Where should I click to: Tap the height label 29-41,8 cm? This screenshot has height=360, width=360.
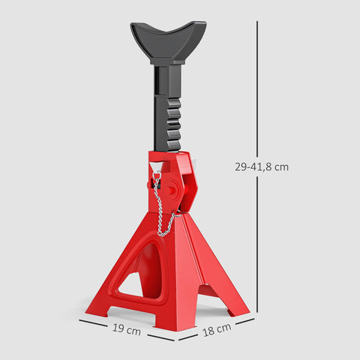pyautogui.click(x=261, y=167)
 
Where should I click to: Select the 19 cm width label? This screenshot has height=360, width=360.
pyautogui.click(x=127, y=328)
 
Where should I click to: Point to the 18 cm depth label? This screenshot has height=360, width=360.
pyautogui.click(x=216, y=328)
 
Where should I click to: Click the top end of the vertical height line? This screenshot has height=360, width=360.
pyautogui.click(x=258, y=22)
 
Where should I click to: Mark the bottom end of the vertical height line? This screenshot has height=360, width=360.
pyautogui.click(x=258, y=310)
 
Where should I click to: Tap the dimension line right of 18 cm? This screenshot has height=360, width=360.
pyautogui.click(x=244, y=320)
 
